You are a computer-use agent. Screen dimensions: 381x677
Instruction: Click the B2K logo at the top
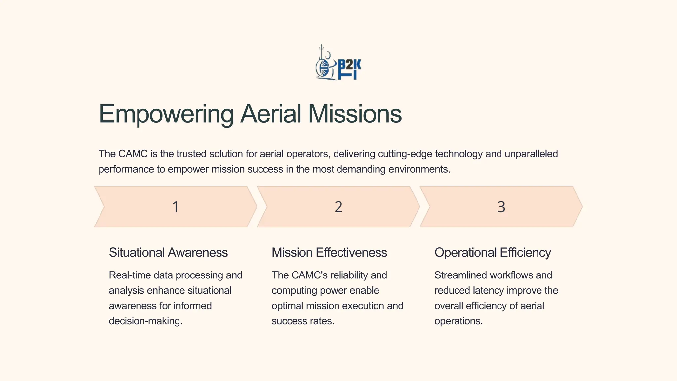(338, 63)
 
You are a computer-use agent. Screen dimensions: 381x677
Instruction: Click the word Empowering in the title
(166, 114)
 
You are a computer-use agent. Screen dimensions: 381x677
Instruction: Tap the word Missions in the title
(355, 114)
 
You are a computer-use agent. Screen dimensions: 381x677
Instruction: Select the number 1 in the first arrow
(176, 207)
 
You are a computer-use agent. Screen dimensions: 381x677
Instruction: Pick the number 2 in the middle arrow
(338, 207)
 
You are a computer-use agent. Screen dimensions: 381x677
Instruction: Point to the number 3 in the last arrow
(501, 207)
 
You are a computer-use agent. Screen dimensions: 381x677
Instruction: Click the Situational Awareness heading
(168, 253)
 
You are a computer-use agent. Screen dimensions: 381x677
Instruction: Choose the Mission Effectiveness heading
(329, 253)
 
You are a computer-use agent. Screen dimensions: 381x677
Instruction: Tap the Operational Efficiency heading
(493, 253)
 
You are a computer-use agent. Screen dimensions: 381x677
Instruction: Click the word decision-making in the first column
(145, 321)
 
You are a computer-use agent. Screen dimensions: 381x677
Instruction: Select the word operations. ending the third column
(458, 321)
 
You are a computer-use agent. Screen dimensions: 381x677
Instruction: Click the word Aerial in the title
(271, 114)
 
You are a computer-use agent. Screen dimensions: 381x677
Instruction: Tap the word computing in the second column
(292, 291)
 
